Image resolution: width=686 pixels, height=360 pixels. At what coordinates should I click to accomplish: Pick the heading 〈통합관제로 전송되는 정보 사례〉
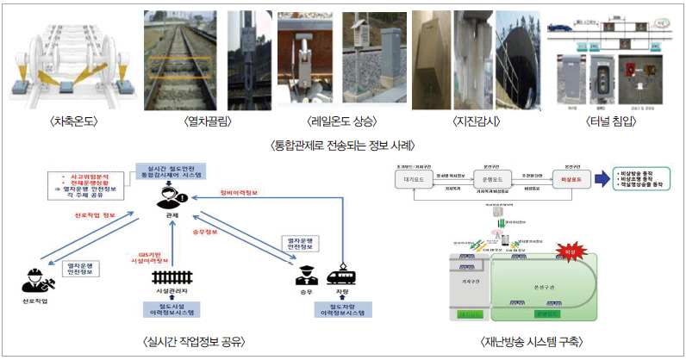[x=342, y=146]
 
